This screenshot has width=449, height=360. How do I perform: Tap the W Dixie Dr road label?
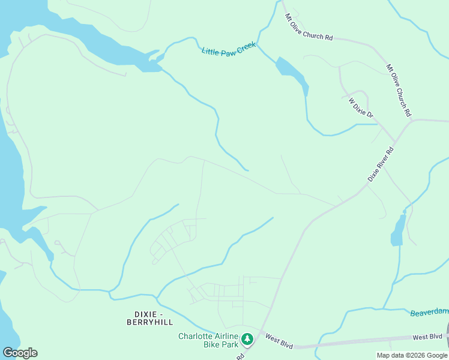pyautogui.click(x=361, y=107)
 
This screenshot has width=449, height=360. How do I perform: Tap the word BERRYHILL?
pyautogui.click(x=149, y=322)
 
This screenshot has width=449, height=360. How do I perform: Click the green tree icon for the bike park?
pyautogui.click(x=247, y=340)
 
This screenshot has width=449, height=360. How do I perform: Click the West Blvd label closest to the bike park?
pyautogui.click(x=279, y=342)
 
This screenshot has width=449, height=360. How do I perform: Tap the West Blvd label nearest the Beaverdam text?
pyautogui.click(x=427, y=337)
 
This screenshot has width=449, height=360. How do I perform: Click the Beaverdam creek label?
pyautogui.click(x=429, y=312)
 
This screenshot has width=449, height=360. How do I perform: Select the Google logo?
pyautogui.click(x=20, y=352)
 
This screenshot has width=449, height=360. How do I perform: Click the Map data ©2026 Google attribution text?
pyautogui.click(x=412, y=355)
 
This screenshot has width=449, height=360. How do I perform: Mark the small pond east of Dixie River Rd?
pyautogui.click(x=397, y=230)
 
